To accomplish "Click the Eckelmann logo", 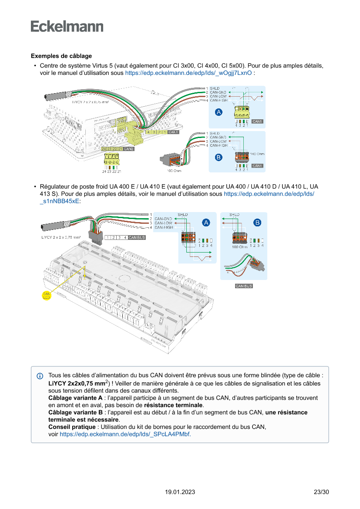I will (x=67, y=26).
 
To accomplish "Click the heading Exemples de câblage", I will (x=61, y=56).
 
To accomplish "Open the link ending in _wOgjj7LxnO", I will (x=188, y=73).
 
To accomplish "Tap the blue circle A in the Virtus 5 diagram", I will (x=219, y=112).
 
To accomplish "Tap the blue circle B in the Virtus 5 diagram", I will (x=219, y=156).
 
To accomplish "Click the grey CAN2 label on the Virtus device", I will (x=129, y=149).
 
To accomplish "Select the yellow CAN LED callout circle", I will (x=47, y=296).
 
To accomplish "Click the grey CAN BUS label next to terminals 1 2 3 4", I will (x=137, y=238).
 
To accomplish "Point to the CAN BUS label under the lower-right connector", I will (x=244, y=286).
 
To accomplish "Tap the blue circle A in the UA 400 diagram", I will (x=206, y=222).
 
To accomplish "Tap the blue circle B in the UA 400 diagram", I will (x=258, y=222).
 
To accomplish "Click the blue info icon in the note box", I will (x=40, y=376).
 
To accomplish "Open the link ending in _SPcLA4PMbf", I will (x=125, y=434).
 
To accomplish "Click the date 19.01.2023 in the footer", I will (x=180, y=492).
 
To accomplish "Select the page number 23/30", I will (x=321, y=492).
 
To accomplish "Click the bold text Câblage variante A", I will (x=75, y=398).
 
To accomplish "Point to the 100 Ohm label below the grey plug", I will (x=174, y=171).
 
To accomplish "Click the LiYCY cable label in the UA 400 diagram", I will (x=61, y=238).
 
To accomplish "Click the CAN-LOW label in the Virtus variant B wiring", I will (x=218, y=141).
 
